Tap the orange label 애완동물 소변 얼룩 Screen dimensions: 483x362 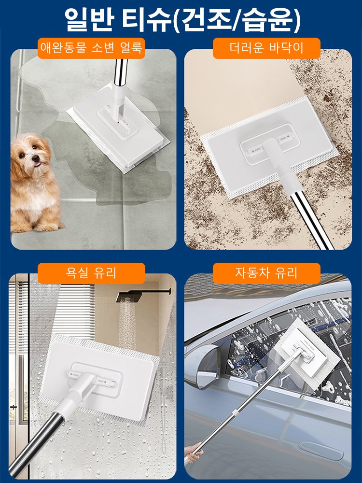coord(91,48)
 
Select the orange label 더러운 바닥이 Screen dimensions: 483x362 coord(266,48)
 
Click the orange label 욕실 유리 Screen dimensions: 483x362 coord(91,273)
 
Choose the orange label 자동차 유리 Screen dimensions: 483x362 coord(266,273)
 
